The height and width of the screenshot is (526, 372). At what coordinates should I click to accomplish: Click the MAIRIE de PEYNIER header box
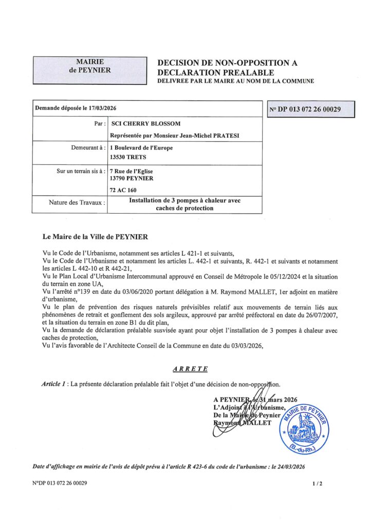click(90, 70)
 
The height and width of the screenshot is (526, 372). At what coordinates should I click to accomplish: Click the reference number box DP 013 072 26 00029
click(311, 109)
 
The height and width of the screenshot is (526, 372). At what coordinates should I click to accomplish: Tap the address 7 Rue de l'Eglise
click(132, 171)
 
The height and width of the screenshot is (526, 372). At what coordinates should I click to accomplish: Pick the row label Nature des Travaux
click(77, 202)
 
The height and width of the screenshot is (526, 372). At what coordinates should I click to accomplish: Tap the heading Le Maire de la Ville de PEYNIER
click(95, 237)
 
